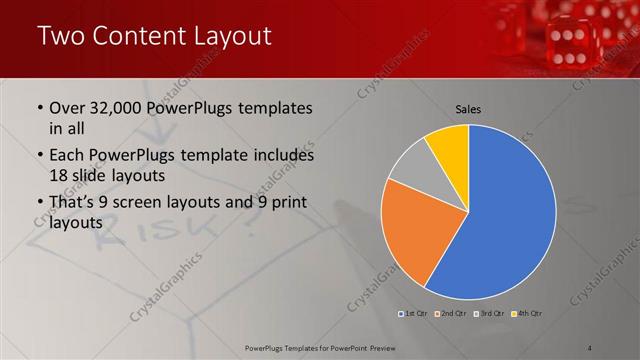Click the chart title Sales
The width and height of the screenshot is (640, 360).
tap(468, 109)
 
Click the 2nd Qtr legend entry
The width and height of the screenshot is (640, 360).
tap(452, 314)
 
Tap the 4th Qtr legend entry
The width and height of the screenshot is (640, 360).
tap(525, 314)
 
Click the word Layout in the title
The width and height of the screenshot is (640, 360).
tap(232, 37)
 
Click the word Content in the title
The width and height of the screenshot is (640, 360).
tap(142, 37)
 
